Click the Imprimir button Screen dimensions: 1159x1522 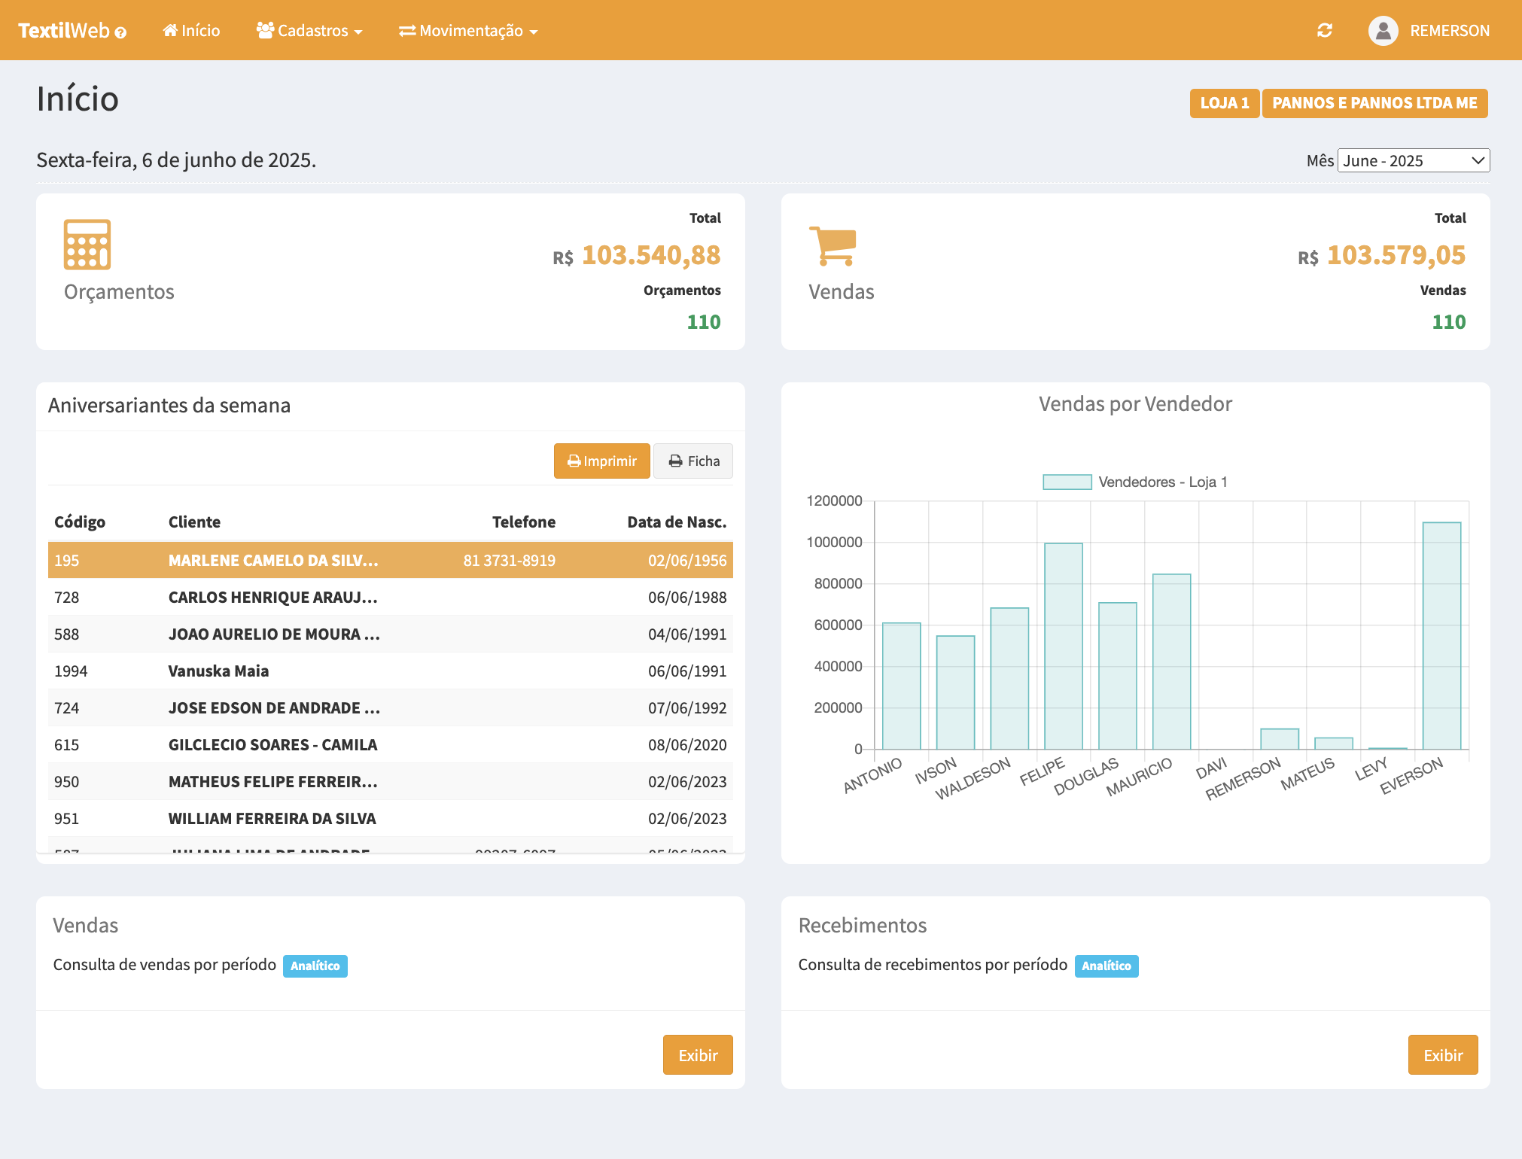[x=601, y=461]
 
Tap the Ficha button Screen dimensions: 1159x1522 [x=693, y=461]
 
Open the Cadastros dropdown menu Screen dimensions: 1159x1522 [x=309, y=31]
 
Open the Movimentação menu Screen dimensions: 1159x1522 [x=468, y=31]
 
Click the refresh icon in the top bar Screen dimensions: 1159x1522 [x=1325, y=31]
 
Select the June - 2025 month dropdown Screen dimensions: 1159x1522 [x=1413, y=160]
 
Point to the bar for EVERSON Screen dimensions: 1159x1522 [x=1441, y=635]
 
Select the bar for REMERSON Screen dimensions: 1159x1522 [x=1280, y=739]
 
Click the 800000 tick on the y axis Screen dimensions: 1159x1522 [x=838, y=583]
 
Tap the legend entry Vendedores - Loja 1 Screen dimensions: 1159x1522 [x=1134, y=482]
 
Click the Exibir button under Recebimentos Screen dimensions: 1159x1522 [x=1442, y=1055]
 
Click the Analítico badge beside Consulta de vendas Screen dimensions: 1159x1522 [x=315, y=966]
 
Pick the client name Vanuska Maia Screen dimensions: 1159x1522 [x=218, y=671]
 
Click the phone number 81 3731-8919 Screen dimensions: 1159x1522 [x=509, y=561]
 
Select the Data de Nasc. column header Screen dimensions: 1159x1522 [x=676, y=522]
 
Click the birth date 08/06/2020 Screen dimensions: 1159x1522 [x=686, y=744]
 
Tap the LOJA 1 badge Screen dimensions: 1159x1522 [x=1224, y=103]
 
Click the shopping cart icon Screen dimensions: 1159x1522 [x=832, y=246]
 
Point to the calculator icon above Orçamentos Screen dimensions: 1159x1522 [x=87, y=245]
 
